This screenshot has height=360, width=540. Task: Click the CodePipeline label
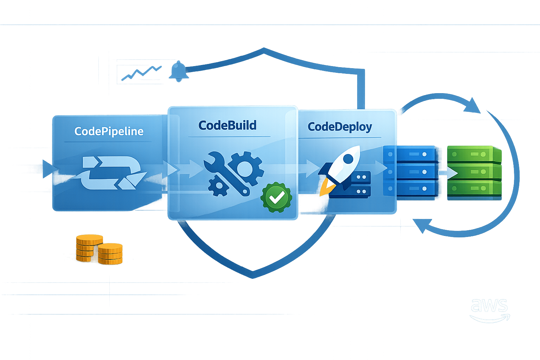(109, 131)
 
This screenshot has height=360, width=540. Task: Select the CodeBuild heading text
(227, 126)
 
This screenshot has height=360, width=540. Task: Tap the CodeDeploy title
(340, 127)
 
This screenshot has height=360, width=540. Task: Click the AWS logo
(490, 310)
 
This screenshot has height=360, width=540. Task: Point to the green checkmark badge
(276, 198)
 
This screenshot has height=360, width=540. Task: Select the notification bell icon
(179, 72)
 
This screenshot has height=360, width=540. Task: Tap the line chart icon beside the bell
(141, 73)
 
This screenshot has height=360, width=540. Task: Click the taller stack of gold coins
(89, 248)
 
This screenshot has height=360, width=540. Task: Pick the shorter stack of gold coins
(110, 254)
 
